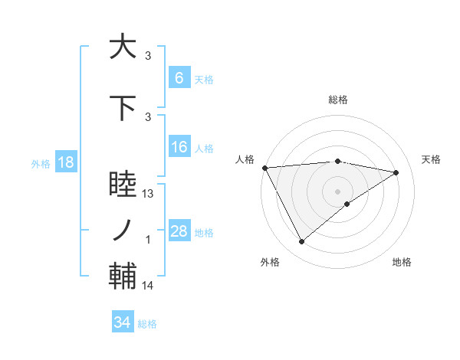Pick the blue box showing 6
pyautogui.click(x=179, y=78)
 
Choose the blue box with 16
pyautogui.click(x=179, y=147)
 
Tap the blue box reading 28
pyautogui.click(x=179, y=231)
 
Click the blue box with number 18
pyautogui.click(x=65, y=162)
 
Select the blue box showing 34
pyautogui.click(x=122, y=322)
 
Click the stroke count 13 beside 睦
pyautogui.click(x=149, y=194)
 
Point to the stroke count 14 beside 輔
pyautogui.click(x=149, y=286)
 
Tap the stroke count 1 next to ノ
pyautogui.click(x=149, y=240)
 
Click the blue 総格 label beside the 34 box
pyautogui.click(x=147, y=324)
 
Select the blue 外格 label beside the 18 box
pyautogui.click(x=40, y=163)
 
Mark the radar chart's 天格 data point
pyautogui.click(x=396, y=172)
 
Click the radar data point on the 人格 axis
pyautogui.click(x=264, y=168)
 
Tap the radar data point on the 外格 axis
pyautogui.click(x=301, y=242)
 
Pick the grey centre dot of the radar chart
pyautogui.click(x=337, y=191)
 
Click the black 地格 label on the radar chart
pyautogui.click(x=402, y=262)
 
